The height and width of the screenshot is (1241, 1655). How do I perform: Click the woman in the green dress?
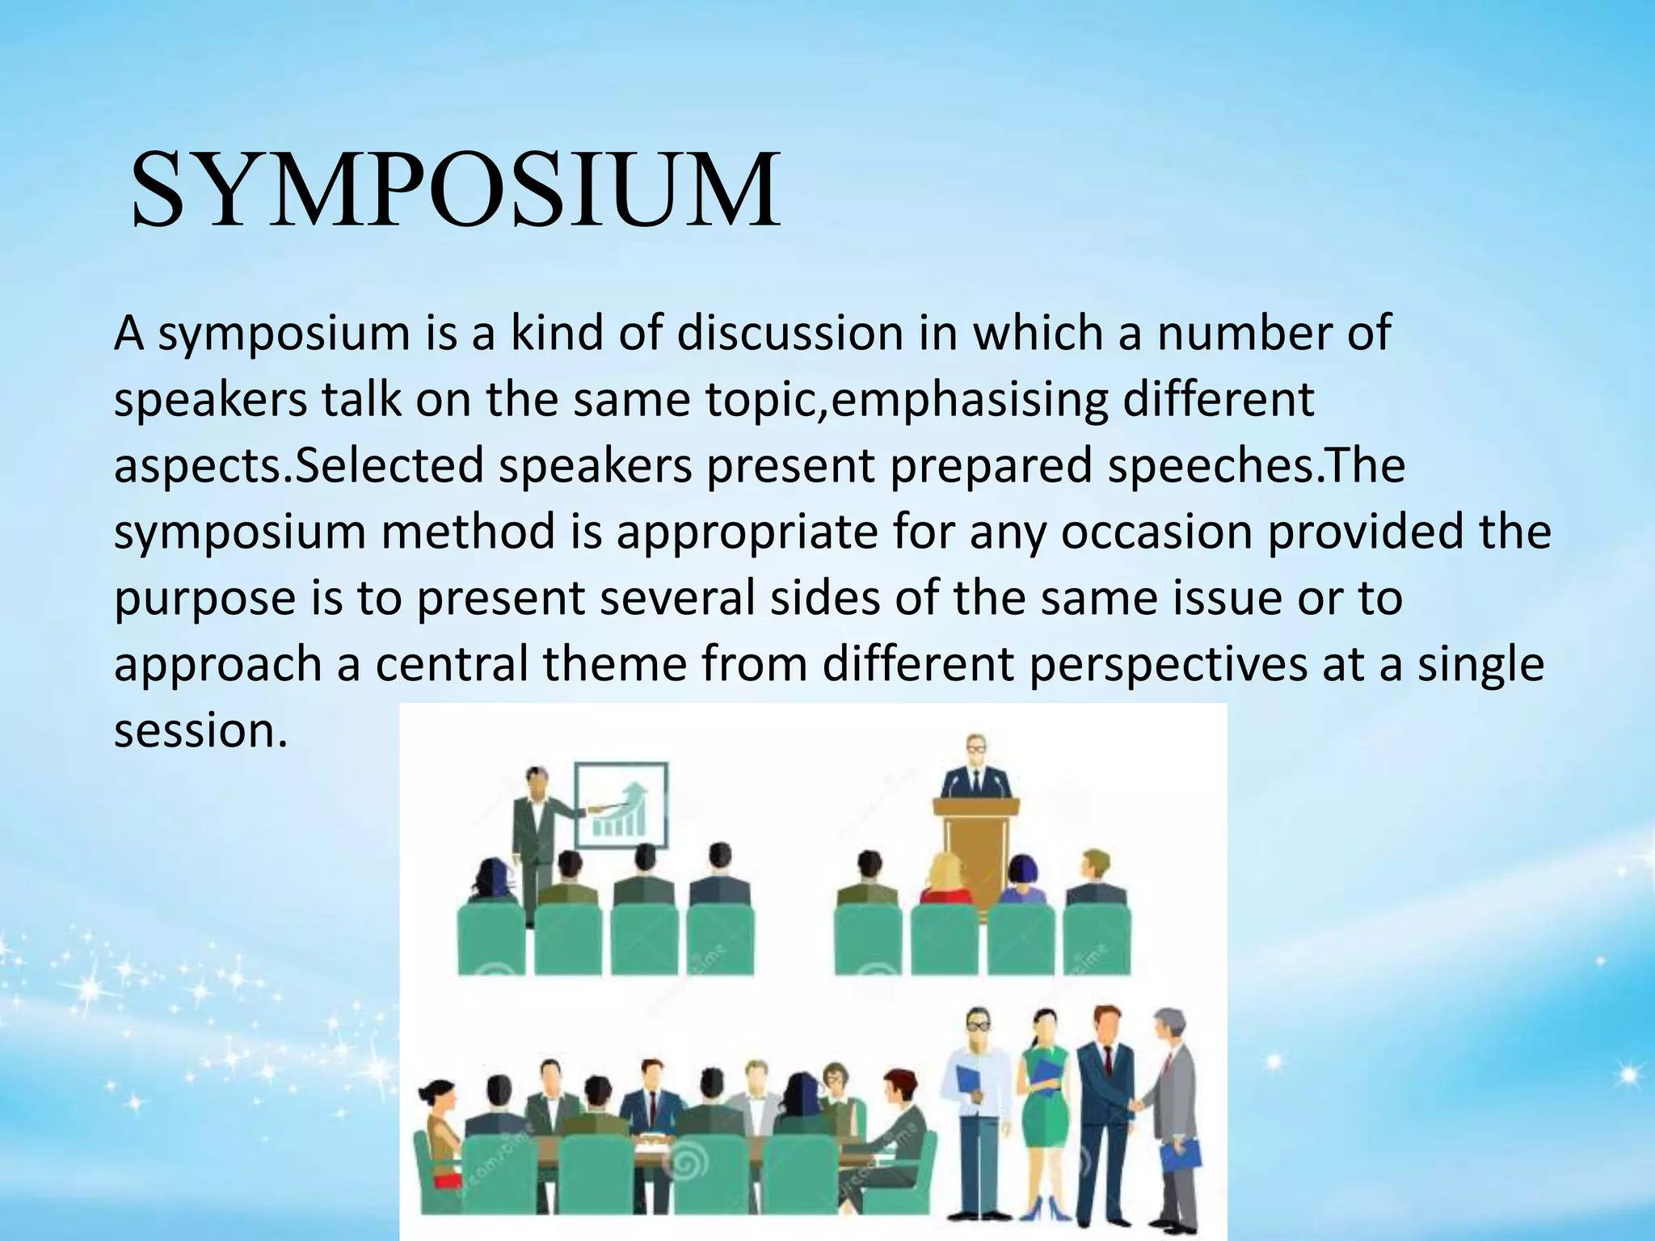(1046, 1115)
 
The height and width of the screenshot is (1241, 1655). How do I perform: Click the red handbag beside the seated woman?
(442, 1180)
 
